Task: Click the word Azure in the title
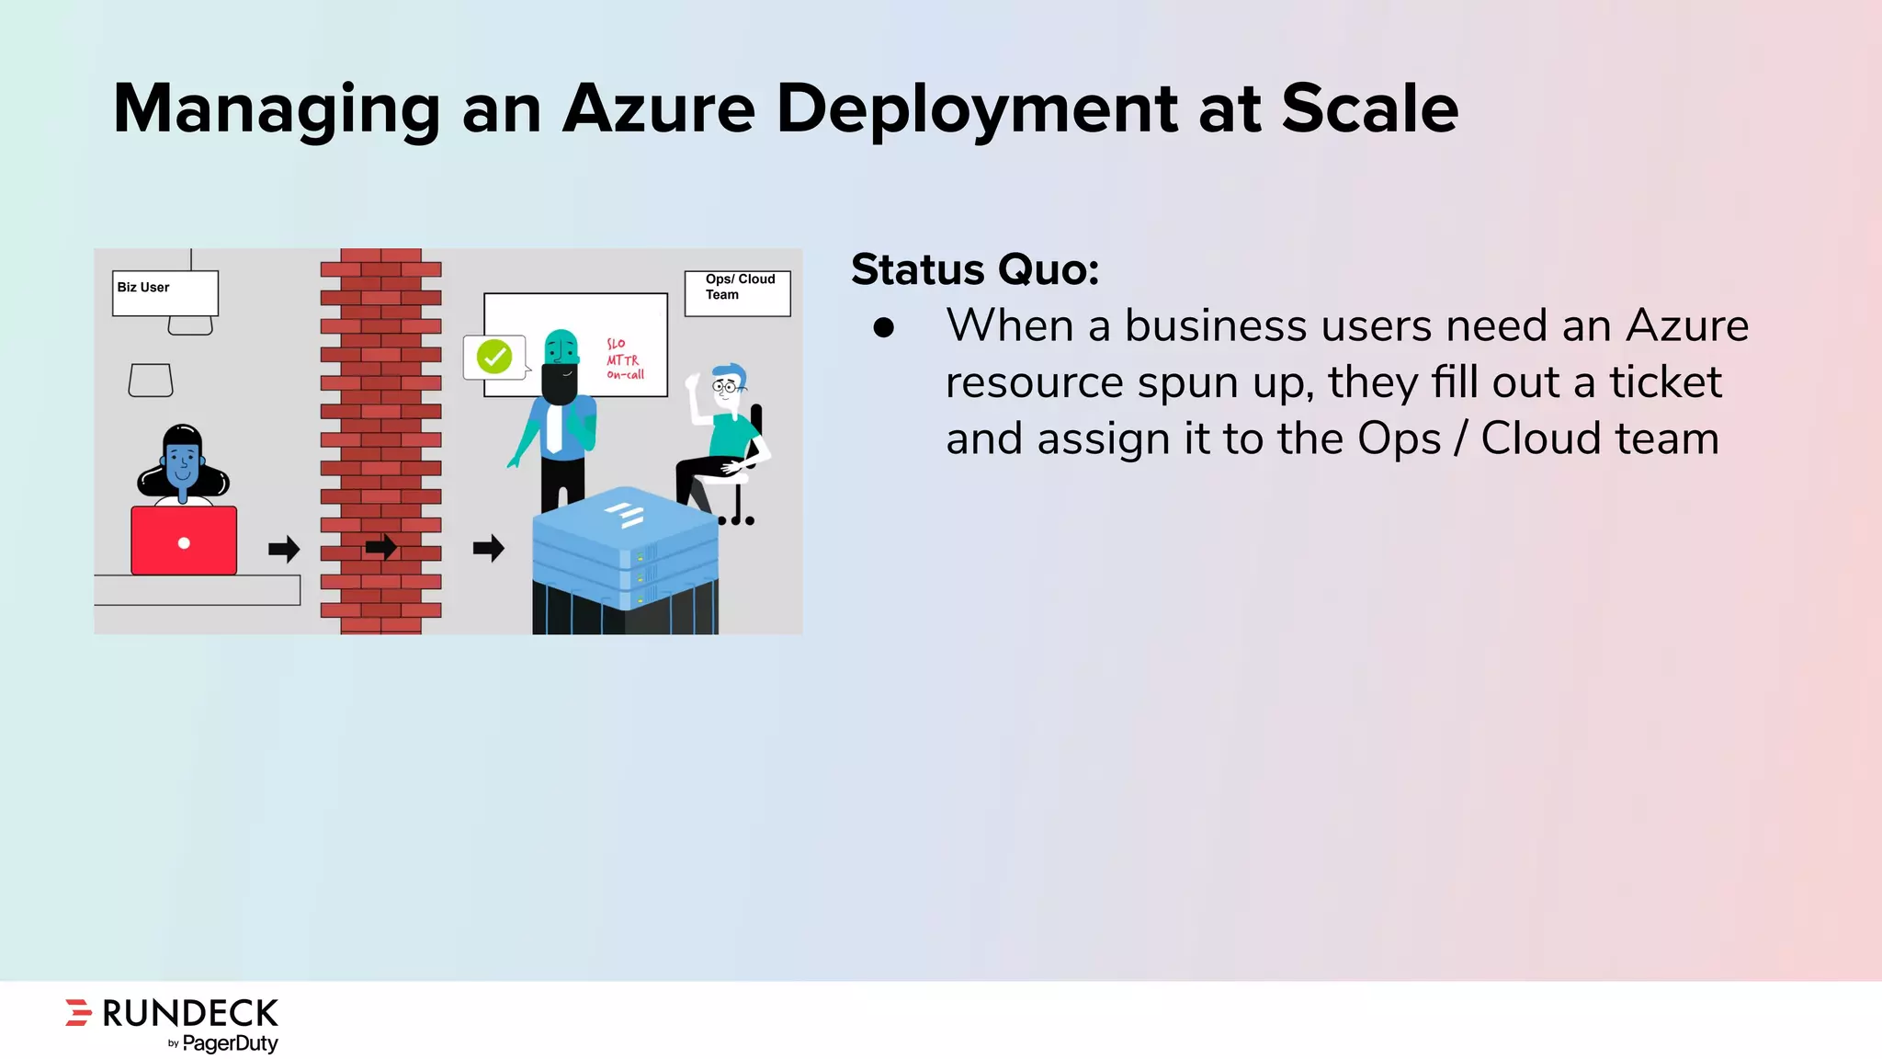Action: pyautogui.click(x=658, y=108)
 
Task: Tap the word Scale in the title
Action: pyautogui.click(x=1369, y=108)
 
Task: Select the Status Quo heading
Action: pyautogui.click(x=975, y=269)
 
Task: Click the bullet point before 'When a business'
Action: pyautogui.click(x=884, y=328)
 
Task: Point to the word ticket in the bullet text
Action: pyautogui.click(x=1665, y=382)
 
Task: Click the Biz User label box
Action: pyautogui.click(x=165, y=292)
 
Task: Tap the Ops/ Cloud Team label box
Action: pyautogui.click(x=737, y=292)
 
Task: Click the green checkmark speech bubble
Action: pyautogui.click(x=494, y=357)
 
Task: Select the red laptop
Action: pyautogui.click(x=184, y=541)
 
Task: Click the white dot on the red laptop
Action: pyautogui.click(x=184, y=543)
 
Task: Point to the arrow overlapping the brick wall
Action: pyautogui.click(x=381, y=548)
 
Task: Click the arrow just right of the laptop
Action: pyautogui.click(x=284, y=549)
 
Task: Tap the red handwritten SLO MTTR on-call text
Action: pyautogui.click(x=625, y=359)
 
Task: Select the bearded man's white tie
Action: pyautogui.click(x=554, y=427)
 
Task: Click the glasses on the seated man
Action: pyautogui.click(x=725, y=387)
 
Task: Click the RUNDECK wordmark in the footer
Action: pyautogui.click(x=190, y=1013)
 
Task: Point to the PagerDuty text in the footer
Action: pyautogui.click(x=230, y=1043)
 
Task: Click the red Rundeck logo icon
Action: pyautogui.click(x=79, y=1012)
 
